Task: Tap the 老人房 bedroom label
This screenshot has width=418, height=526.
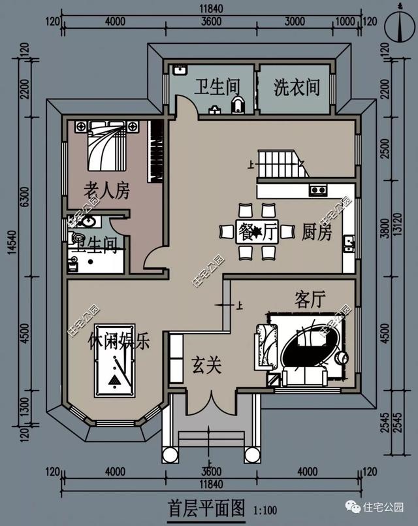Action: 106,191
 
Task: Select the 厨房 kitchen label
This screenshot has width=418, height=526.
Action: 317,232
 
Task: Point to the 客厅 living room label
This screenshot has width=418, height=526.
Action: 310,300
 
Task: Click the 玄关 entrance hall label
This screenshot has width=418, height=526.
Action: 206,365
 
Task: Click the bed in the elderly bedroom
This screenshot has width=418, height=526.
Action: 106,145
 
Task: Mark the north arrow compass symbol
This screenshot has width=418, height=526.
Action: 399,26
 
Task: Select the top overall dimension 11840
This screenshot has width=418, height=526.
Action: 209,7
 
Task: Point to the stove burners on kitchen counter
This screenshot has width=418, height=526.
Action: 318,190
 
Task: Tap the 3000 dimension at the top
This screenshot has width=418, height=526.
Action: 294,21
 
